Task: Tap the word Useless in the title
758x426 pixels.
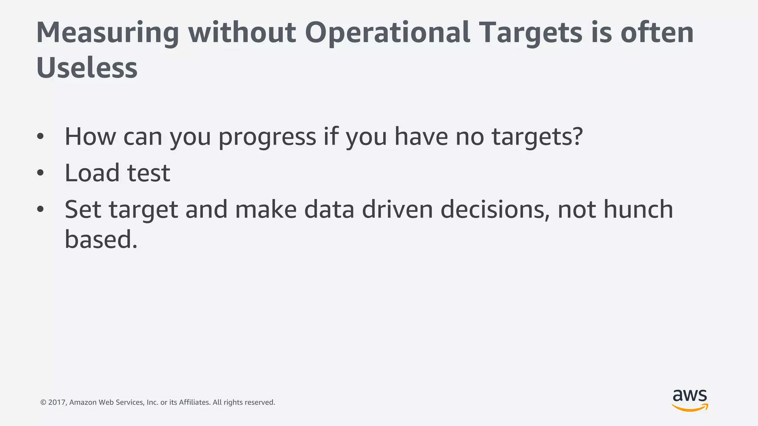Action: coord(87,68)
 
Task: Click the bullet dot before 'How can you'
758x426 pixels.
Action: coord(40,136)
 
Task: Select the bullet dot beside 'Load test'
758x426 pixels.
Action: coord(40,173)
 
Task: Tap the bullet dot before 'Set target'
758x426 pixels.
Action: coord(40,209)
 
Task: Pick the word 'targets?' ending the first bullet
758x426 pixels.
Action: coord(537,137)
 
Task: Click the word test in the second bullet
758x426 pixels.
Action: coord(149,173)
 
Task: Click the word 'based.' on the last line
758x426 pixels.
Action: coord(101,239)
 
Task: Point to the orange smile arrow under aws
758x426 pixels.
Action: coord(690,408)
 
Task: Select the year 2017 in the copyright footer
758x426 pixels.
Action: coord(57,402)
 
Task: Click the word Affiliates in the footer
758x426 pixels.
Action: coord(195,402)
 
